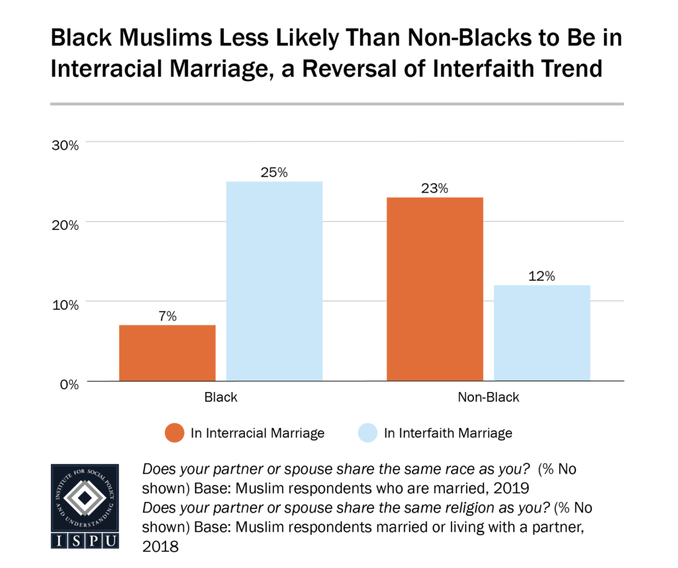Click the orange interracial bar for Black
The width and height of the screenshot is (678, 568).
pos(167,353)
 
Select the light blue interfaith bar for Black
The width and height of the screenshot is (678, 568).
pos(274,281)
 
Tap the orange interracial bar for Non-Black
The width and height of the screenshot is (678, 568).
pos(435,289)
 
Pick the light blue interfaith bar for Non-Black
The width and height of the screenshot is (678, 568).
pos(542,333)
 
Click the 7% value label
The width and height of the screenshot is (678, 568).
pos(167,316)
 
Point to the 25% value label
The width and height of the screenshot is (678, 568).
pos(274,173)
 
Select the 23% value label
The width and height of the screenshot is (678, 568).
pos(435,189)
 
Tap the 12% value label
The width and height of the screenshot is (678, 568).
pos(542,276)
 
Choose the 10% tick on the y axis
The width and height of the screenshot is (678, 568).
pos(66,305)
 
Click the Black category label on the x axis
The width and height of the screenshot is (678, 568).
pos(220,399)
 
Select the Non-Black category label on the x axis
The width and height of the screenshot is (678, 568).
pos(488,399)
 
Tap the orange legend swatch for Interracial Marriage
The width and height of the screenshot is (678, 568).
pos(175,434)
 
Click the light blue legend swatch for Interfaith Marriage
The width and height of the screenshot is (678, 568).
pos(367,434)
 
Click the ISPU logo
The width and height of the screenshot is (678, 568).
pos(85,506)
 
